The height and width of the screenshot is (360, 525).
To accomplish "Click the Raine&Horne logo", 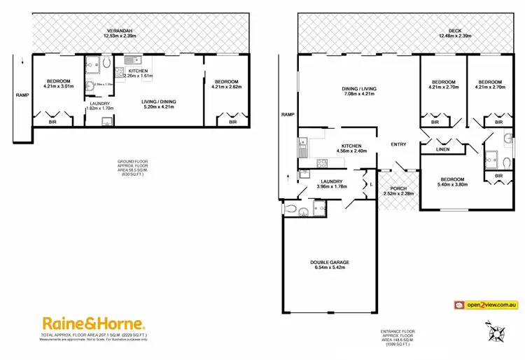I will coord(94,324).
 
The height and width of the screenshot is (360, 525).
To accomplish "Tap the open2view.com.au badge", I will coord(486,305).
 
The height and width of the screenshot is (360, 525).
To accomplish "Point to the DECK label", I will coord(455,31).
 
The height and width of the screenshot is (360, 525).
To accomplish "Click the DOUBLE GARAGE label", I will coord(329,263).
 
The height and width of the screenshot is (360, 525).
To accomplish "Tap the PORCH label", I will coord(399,188).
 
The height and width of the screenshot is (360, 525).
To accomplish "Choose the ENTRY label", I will coord(398,145).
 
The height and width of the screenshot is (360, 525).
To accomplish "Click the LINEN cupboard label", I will coord(442,148).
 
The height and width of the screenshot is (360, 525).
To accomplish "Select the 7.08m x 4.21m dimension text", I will coord(359,94).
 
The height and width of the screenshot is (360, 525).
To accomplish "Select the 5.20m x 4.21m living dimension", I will coord(160,107).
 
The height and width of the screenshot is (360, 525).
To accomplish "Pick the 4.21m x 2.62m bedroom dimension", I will coord(227,87).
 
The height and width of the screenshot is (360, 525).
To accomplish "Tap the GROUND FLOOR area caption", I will coord(131,167).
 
